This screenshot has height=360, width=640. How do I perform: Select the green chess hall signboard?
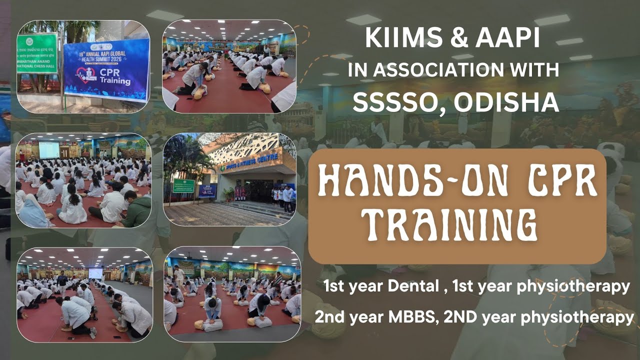pyautogui.click(x=37, y=53)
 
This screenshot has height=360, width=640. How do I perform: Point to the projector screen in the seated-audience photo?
pyautogui.click(x=49, y=150)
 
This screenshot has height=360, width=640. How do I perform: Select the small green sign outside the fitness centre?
pyautogui.click(x=183, y=185)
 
